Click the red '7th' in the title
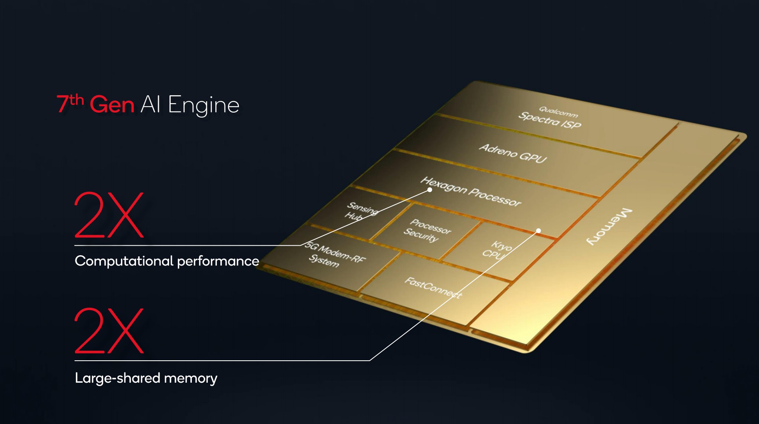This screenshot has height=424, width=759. coord(70,103)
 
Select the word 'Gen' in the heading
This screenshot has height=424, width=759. coord(112,105)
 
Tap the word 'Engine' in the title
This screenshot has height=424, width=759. coord(203,105)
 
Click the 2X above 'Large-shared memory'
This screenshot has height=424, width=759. coord(109,331)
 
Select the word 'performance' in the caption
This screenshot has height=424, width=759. coord(218,261)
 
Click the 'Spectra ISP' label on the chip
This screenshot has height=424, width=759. coord(549,120)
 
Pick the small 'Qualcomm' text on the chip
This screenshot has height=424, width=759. coord(558,111)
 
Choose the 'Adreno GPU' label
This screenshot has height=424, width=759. coord(513,153)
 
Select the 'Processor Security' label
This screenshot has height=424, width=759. coord(427,230)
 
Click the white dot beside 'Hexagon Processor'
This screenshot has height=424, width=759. coord(430,190)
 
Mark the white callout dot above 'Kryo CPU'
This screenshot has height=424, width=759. coord(538,231)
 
